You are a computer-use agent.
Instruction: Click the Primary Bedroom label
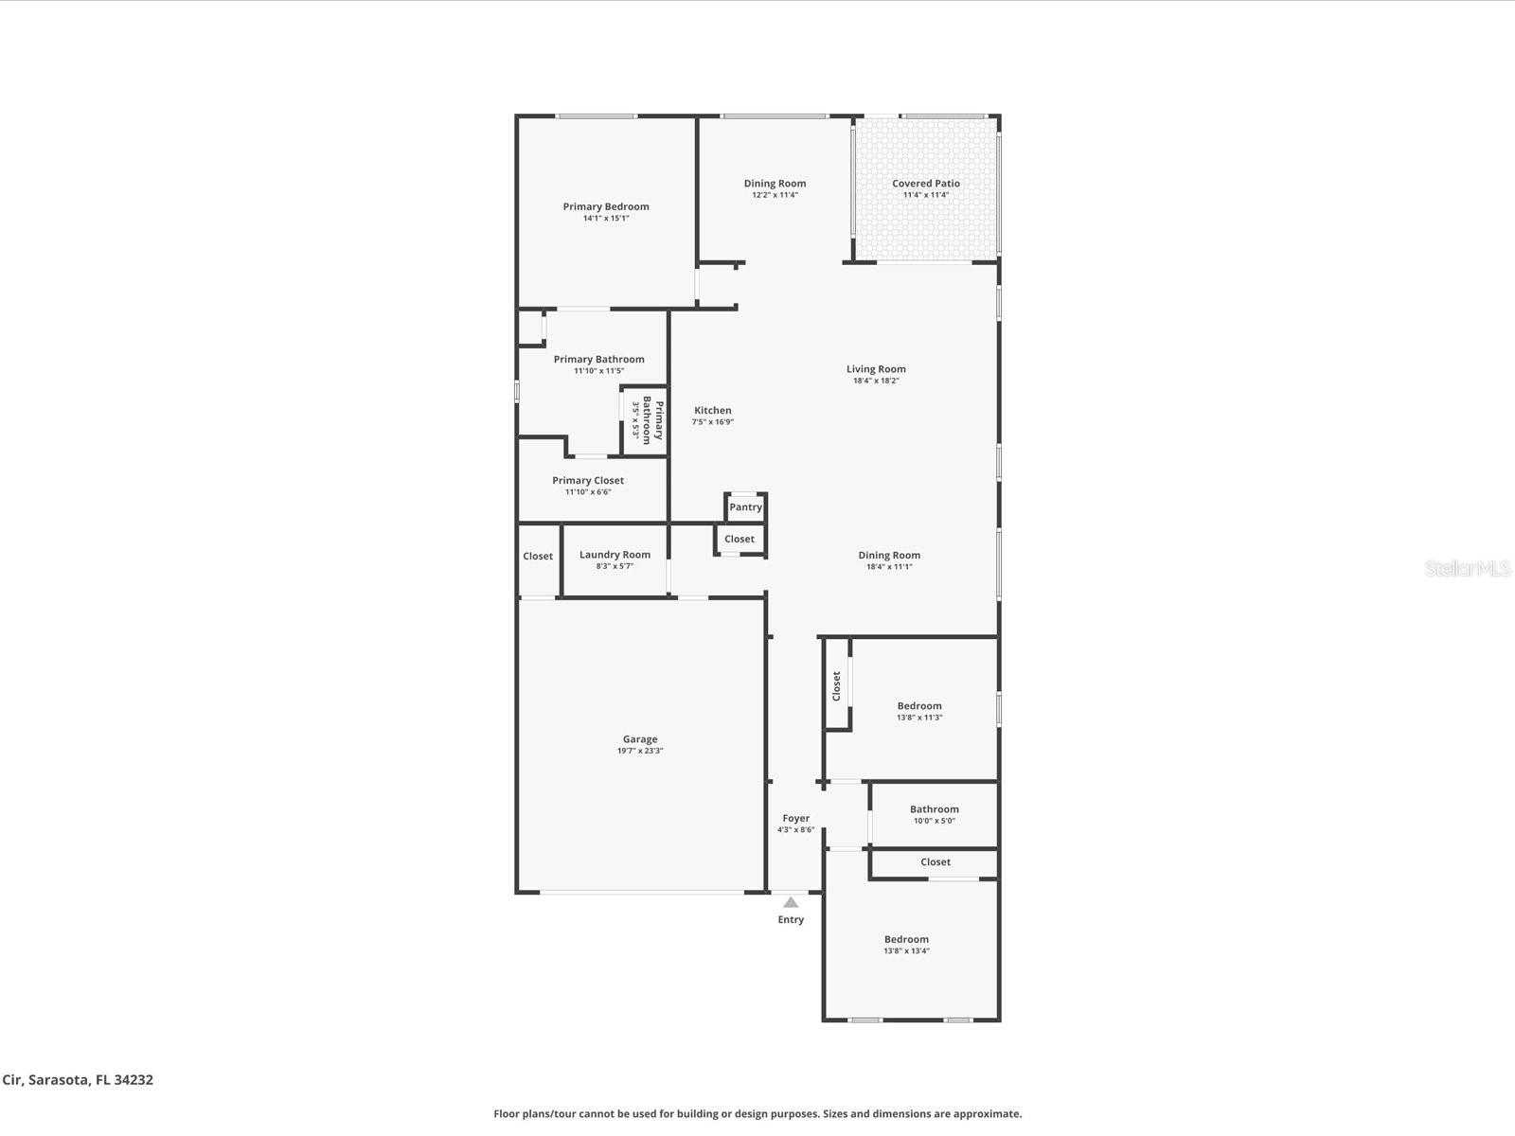(x=606, y=206)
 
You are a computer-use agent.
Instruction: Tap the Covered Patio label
(x=925, y=184)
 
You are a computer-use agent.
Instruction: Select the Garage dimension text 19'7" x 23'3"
(x=640, y=751)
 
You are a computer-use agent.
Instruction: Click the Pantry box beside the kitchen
(x=745, y=507)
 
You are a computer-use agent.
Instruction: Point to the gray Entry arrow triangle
(x=791, y=902)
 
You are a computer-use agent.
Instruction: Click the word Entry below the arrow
(x=791, y=919)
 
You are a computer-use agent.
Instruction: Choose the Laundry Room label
(x=615, y=555)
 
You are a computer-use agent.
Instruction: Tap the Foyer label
(x=795, y=818)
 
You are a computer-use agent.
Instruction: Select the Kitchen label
(x=712, y=411)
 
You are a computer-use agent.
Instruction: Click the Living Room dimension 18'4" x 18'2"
(x=876, y=381)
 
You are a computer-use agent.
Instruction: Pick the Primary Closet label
(x=588, y=480)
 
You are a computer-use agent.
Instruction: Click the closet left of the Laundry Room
(x=538, y=557)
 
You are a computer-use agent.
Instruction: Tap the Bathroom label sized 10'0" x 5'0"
(x=934, y=809)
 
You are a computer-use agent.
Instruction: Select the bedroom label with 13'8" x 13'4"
(x=906, y=939)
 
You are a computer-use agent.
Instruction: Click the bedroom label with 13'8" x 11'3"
(x=918, y=705)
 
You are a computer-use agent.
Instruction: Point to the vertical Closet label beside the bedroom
(x=836, y=685)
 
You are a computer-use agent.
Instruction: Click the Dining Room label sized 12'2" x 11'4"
(x=775, y=184)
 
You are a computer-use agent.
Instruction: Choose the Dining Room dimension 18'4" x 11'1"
(x=888, y=567)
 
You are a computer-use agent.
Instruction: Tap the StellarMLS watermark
(x=1468, y=568)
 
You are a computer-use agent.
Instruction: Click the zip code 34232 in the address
(x=133, y=1079)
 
